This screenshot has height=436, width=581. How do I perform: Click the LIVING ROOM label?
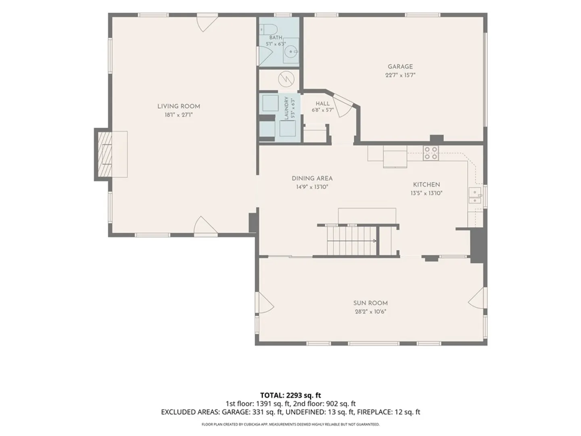pos(179,107)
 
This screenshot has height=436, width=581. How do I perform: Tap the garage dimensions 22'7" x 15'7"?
pos(400,75)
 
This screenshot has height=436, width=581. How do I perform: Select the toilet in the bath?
pos(268,29)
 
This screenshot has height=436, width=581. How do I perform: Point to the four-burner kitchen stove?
pos(431,153)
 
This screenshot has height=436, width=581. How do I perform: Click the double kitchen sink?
pos(475,195)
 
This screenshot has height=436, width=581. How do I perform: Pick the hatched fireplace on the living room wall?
pos(105,154)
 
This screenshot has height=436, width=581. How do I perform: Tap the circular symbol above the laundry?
pos(286,79)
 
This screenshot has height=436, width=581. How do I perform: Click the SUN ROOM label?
pos(370,303)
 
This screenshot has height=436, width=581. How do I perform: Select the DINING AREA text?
pos(312,178)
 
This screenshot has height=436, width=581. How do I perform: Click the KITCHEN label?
pos(426,184)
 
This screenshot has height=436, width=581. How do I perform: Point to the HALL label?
pos(323,103)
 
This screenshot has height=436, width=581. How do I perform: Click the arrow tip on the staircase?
pos(376,241)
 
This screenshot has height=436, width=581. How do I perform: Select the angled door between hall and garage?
pos(343,105)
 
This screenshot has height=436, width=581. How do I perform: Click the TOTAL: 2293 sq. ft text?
pos(290,395)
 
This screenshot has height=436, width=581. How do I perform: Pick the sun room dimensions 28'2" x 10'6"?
pos(370,312)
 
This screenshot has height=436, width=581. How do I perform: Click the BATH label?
pos(276,38)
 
